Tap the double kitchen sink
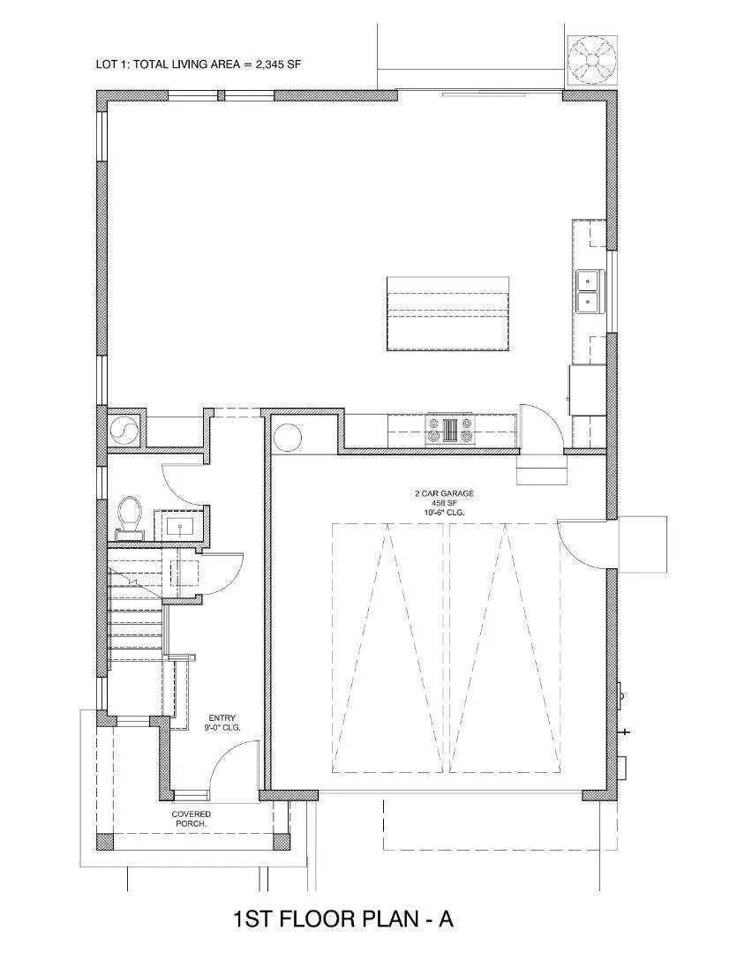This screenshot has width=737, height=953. pos(590,291)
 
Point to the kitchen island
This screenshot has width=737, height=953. pos(447,313)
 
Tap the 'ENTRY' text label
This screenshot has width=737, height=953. pos(222,717)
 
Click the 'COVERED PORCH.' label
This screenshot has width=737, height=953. pos(192,819)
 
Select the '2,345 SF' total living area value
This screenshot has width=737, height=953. pos(279,64)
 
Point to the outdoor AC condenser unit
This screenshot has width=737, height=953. pos(591,58)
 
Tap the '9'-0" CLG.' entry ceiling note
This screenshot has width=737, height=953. pos(222,727)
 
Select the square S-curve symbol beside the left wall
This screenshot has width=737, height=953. pos(125,431)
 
